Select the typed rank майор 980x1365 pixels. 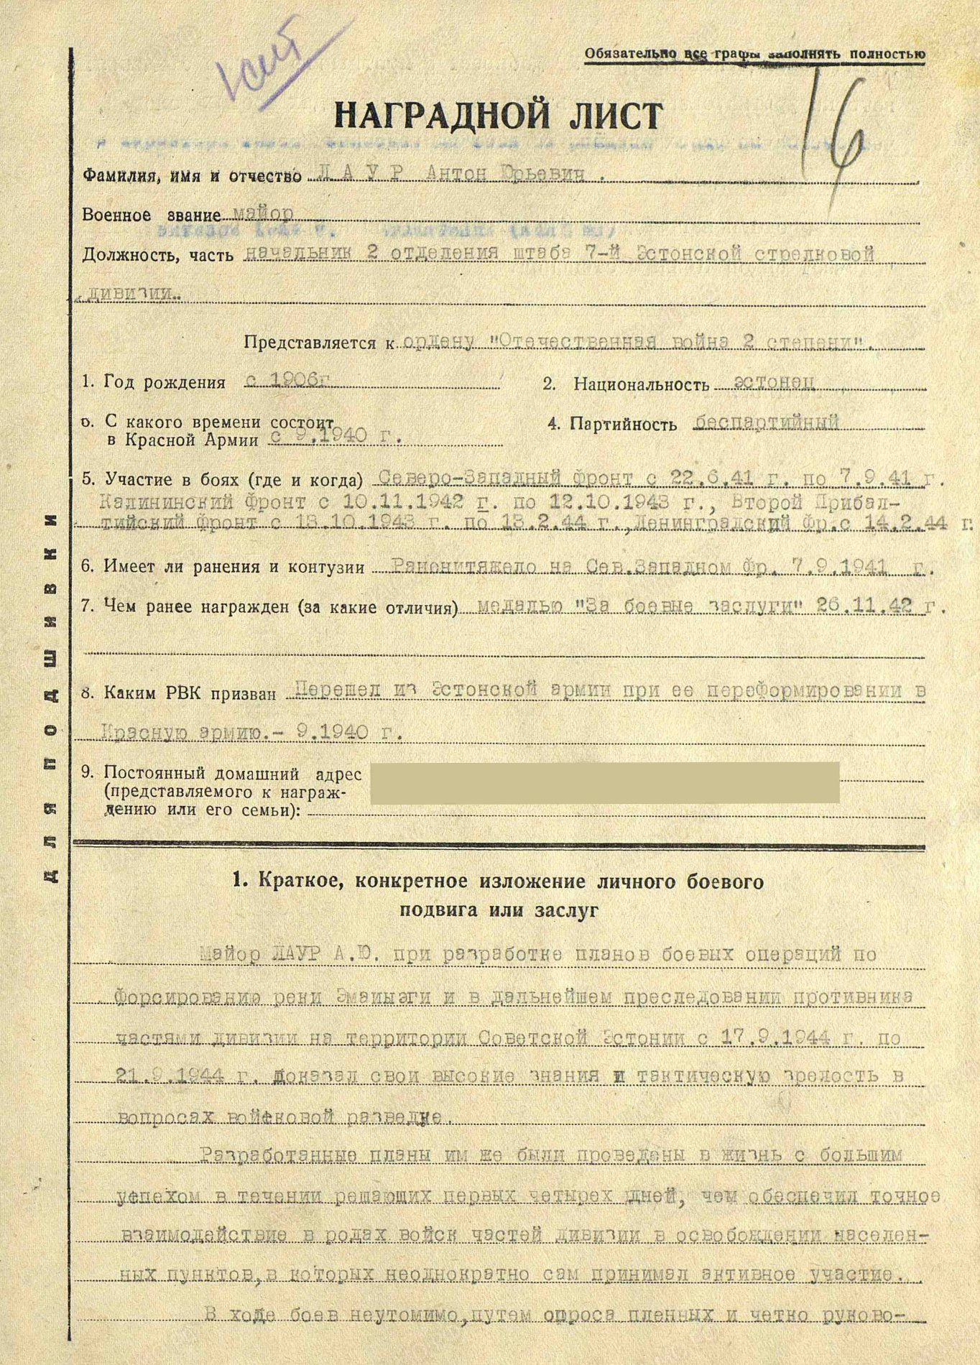pyautogui.click(x=264, y=215)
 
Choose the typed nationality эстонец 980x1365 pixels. pyautogui.click(x=764, y=382)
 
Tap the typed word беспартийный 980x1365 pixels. pyautogui.click(x=767, y=422)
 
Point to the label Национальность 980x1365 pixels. pyautogui.click(x=641, y=384)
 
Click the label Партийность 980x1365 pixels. pyautogui.click(x=623, y=424)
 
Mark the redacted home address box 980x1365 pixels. pyautogui.click(x=604, y=782)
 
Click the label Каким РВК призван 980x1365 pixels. pyautogui.click(x=190, y=694)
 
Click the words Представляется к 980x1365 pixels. pyautogui.click(x=318, y=343)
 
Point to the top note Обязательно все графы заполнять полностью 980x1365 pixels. pyautogui.click(x=754, y=54)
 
